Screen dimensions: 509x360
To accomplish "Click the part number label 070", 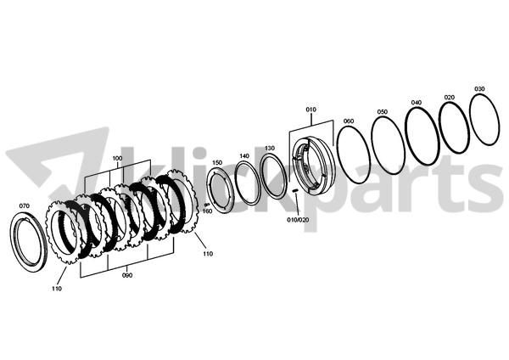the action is pyautogui.click(x=25, y=205).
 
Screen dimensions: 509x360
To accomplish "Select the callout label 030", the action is pyautogui.click(x=479, y=88).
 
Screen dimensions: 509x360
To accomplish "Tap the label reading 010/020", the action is pyautogui.click(x=298, y=220).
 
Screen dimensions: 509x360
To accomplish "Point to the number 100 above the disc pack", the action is pyautogui.click(x=118, y=158).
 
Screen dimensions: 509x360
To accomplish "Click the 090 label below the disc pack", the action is pyautogui.click(x=127, y=275).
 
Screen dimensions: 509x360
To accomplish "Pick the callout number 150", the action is pyautogui.click(x=217, y=162).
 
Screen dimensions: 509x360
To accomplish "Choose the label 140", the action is pyautogui.click(x=244, y=156).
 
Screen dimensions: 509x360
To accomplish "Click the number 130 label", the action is pyautogui.click(x=270, y=148).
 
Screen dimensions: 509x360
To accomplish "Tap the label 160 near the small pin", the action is pyautogui.click(x=207, y=211).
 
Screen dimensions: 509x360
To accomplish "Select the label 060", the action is pyautogui.click(x=349, y=121).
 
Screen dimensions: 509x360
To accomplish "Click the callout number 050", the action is pyautogui.click(x=383, y=112).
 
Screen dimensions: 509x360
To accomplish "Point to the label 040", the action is pyautogui.click(x=417, y=103).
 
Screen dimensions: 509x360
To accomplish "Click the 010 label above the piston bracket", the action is pyautogui.click(x=311, y=110).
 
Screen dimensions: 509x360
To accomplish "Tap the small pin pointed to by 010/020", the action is pyautogui.click(x=295, y=191).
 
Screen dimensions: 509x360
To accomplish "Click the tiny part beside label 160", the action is pyautogui.click(x=206, y=205).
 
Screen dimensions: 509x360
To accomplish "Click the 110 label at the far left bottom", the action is pyautogui.click(x=57, y=289).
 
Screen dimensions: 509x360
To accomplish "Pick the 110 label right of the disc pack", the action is pyautogui.click(x=208, y=254).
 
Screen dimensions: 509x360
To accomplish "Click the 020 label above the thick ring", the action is pyautogui.click(x=450, y=97).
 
